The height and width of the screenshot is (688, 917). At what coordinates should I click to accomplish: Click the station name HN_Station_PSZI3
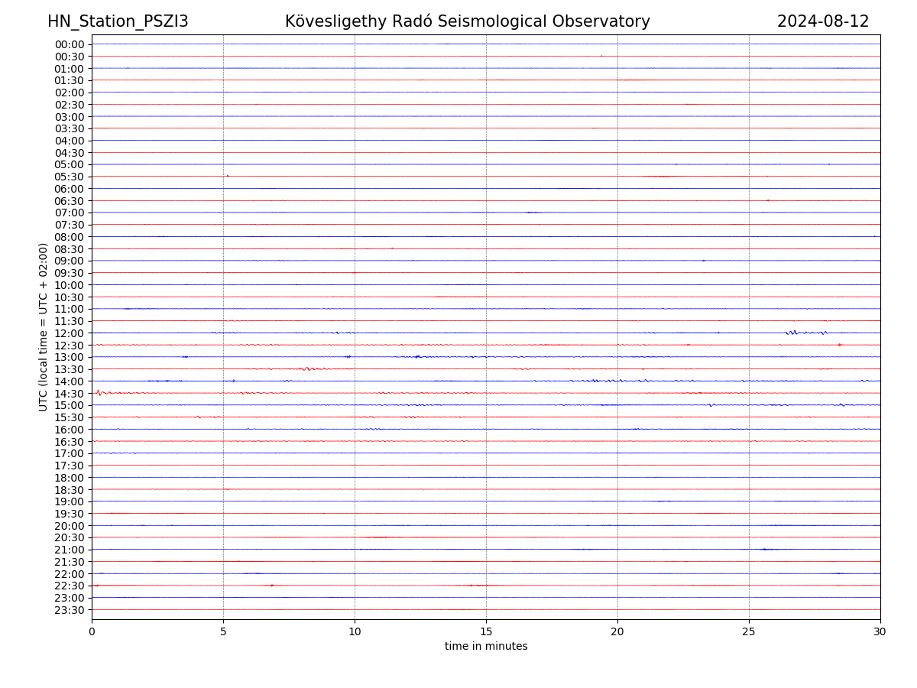pyautogui.click(x=118, y=21)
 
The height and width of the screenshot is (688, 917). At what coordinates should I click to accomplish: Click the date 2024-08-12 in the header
pyautogui.click(x=823, y=21)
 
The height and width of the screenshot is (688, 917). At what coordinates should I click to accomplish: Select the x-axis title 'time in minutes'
pyautogui.click(x=486, y=647)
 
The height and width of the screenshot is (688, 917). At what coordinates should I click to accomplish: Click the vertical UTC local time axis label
pyautogui.click(x=44, y=326)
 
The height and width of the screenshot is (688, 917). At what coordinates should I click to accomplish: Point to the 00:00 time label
pyautogui.click(x=70, y=44)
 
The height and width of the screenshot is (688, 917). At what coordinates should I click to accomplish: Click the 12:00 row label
pyautogui.click(x=70, y=333)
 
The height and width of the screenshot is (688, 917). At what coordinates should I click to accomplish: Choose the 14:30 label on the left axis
pyautogui.click(x=70, y=394)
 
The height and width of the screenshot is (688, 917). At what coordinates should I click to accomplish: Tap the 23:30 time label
pyautogui.click(x=70, y=610)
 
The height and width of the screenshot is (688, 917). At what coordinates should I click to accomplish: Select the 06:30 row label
pyautogui.click(x=70, y=201)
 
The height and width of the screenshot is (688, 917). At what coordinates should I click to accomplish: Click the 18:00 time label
pyautogui.click(x=70, y=478)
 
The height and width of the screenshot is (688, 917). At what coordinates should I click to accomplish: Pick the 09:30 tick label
pyautogui.click(x=70, y=273)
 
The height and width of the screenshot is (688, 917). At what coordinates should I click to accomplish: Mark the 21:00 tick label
pyautogui.click(x=70, y=550)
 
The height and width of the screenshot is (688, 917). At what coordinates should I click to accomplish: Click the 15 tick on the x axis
pyautogui.click(x=486, y=631)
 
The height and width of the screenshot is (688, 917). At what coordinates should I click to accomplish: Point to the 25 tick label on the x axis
pyautogui.click(x=749, y=631)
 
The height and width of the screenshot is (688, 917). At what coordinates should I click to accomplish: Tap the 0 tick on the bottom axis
pyautogui.click(x=92, y=631)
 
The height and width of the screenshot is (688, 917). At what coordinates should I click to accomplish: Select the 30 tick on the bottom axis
pyautogui.click(x=880, y=631)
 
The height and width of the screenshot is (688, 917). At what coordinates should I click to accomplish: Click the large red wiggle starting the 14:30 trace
pyautogui.click(x=98, y=392)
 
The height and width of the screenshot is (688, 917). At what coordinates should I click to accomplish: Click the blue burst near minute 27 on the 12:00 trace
pyautogui.click(x=795, y=333)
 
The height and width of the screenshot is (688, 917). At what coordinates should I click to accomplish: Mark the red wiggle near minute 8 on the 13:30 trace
pyautogui.click(x=306, y=368)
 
